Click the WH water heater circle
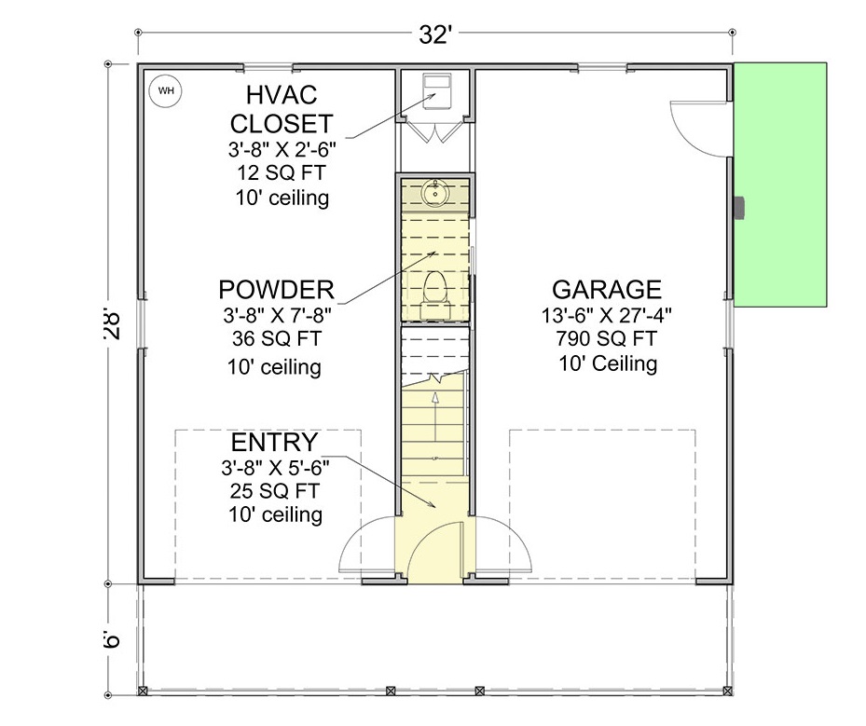pyautogui.click(x=166, y=90)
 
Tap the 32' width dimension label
pyautogui.click(x=435, y=34)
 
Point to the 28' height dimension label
pyautogui.click(x=112, y=325)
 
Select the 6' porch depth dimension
pyautogui.click(x=112, y=639)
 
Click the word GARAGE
pyautogui.click(x=607, y=289)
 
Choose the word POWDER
pyautogui.click(x=276, y=289)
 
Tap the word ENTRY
pyautogui.click(x=274, y=443)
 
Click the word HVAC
pyautogui.click(x=282, y=95)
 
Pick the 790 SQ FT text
pyautogui.click(x=607, y=338)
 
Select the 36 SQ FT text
pyautogui.click(x=276, y=338)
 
